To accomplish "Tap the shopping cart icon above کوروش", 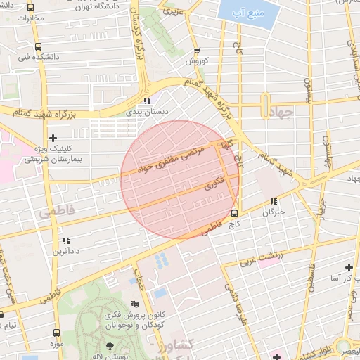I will click(x=197, y=51).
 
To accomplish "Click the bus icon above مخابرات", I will click(x=30, y=7).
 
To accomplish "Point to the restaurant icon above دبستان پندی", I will click(x=146, y=101).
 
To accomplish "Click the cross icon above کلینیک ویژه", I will click(x=53, y=137).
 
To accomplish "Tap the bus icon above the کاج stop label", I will click(x=234, y=214).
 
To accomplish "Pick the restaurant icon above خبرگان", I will click(x=273, y=202).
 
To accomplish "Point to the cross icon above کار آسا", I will click(x=349, y=268).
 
